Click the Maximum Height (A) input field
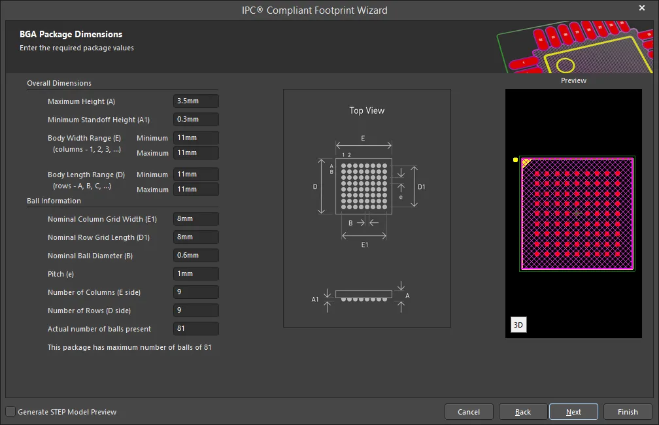pos(196,101)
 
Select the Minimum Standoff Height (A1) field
pos(196,120)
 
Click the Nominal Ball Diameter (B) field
pos(196,255)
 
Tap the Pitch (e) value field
pos(196,274)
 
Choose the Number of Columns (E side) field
pos(196,292)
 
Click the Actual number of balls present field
pos(196,328)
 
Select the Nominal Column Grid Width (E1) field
pos(196,218)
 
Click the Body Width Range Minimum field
pos(196,137)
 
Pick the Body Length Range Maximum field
pos(196,189)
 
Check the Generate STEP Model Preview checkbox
pos(10,411)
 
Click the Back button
pos(523,412)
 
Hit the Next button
pos(573,412)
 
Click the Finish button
pos(628,412)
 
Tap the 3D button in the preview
pos(518,325)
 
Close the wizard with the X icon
pos(642,8)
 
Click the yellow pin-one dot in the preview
pos(515,160)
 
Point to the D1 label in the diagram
pos(421,187)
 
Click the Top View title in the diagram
pos(367,110)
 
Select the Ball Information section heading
pos(54,201)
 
